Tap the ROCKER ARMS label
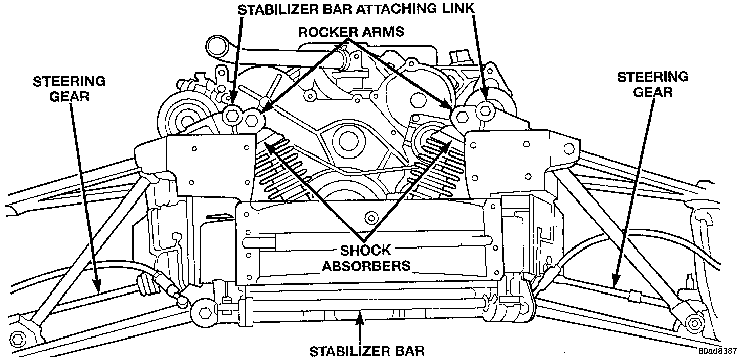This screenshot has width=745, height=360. point(351,31)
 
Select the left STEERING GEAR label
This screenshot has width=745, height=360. point(69,88)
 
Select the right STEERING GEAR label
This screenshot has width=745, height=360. point(652,84)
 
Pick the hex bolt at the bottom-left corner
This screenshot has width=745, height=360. point(17,339)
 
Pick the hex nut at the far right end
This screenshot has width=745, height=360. point(694,324)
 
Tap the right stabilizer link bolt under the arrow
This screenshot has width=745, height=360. point(484,109)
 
